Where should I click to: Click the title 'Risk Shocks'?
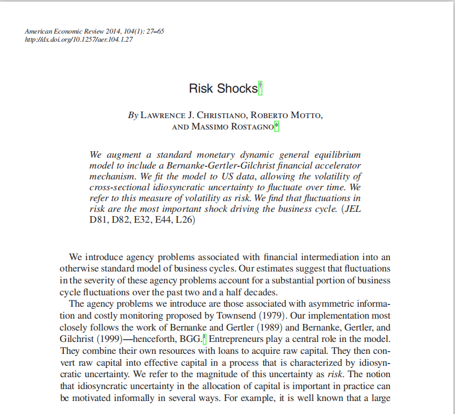(x=223, y=89)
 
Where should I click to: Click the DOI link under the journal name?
(x=79, y=40)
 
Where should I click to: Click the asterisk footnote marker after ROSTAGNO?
(x=277, y=126)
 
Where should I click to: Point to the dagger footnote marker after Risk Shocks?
(x=260, y=87)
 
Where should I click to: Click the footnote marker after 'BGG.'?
(x=204, y=339)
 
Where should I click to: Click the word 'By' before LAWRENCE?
(x=133, y=115)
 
